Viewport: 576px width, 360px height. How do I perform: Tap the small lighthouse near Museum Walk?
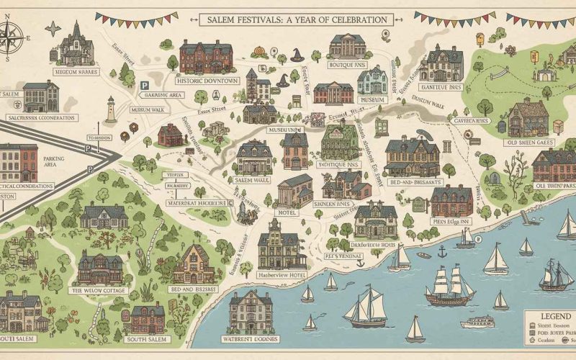[x=110, y=109]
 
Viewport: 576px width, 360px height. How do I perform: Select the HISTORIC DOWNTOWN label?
[x=202, y=81]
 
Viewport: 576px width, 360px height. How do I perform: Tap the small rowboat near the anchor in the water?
[x=423, y=254]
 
